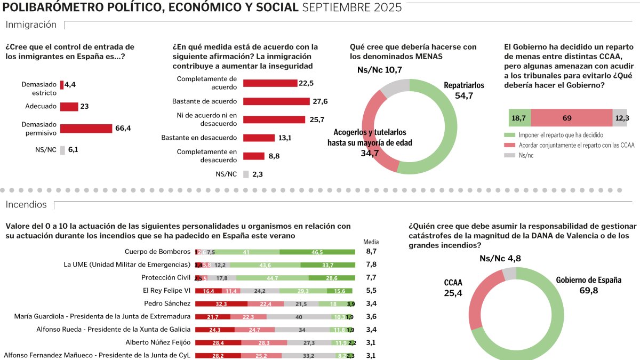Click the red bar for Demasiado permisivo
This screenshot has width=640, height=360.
[86, 129]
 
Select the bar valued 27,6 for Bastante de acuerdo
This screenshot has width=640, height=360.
[276, 101]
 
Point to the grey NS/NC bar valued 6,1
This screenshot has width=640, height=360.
[62, 150]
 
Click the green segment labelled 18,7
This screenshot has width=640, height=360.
[519, 118]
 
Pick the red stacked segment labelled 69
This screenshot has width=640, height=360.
[571, 118]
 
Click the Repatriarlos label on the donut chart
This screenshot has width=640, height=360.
[463, 85]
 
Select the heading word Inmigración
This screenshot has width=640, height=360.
[31, 25]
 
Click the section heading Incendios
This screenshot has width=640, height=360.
[26, 205]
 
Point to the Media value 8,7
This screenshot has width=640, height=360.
[371, 252]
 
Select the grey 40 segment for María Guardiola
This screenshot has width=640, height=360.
[299, 317]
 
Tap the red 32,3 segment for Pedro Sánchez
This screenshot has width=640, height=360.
[221, 304]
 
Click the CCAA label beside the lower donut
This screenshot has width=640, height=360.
[453, 283]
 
